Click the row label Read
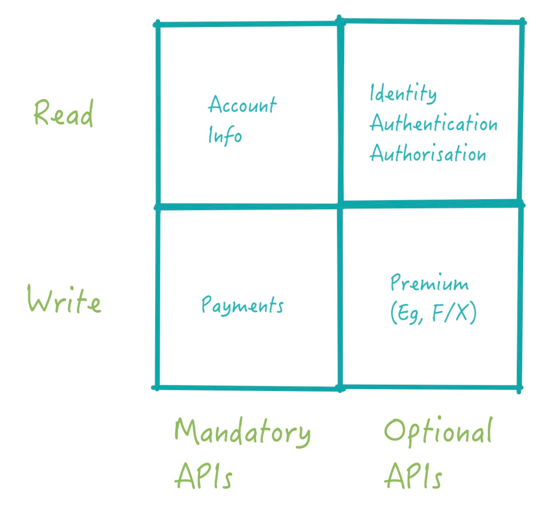[x=63, y=113]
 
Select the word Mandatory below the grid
[x=242, y=432]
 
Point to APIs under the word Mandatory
[x=203, y=475]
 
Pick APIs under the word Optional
[x=413, y=475]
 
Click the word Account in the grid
[x=242, y=105]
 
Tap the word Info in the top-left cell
[x=225, y=135]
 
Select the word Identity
[x=403, y=94]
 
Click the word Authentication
[x=433, y=123]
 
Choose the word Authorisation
[x=428, y=153]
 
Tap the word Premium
[x=429, y=283]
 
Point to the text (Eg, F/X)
[x=433, y=314]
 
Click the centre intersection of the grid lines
[x=341, y=206]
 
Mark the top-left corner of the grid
[x=157, y=24]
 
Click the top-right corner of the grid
[x=522, y=22]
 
